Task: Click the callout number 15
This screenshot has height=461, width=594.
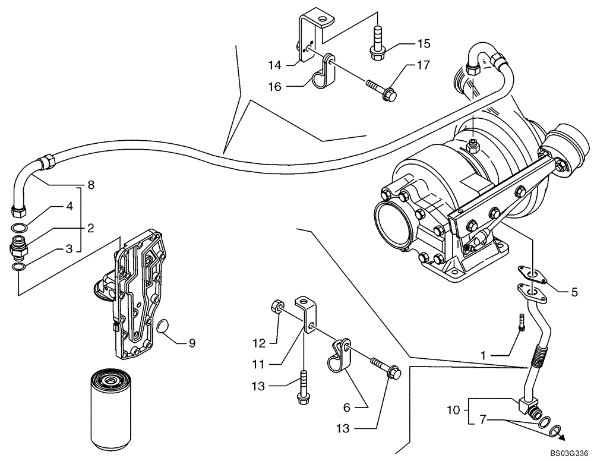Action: point(423,43)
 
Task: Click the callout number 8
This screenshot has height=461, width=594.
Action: point(91,185)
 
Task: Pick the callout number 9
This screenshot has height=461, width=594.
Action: point(191,343)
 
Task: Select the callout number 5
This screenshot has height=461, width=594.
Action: point(574,292)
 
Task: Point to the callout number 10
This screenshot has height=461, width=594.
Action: point(454,409)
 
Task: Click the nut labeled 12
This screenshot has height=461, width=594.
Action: point(276,307)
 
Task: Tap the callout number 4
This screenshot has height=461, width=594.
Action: point(69,207)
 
